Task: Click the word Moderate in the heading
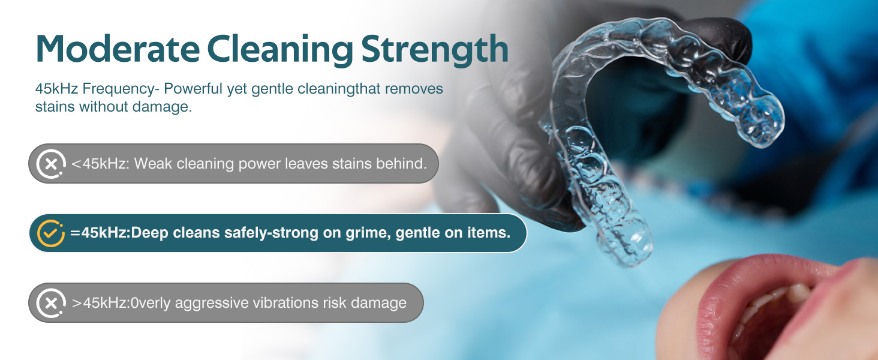[116, 49]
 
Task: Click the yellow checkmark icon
[50, 233]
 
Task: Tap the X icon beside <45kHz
[51, 163]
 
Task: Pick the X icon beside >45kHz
[51, 303]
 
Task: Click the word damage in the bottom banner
[380, 303]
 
